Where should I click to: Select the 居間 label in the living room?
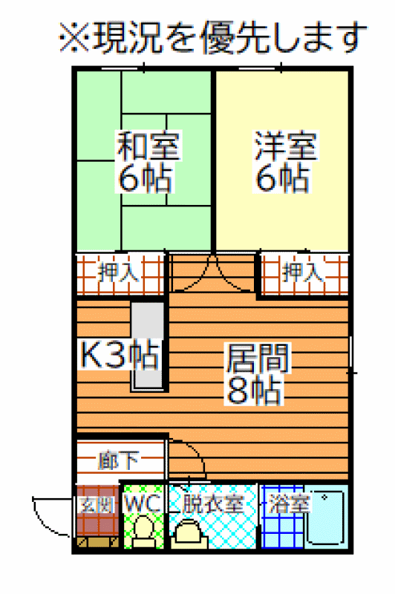pos(258,358)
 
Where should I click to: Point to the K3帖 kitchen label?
pos(120,355)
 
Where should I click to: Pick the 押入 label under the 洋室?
pos(304,271)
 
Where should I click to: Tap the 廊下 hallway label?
pos(119,460)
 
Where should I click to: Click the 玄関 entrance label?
pos(97,505)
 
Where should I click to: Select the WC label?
pos(143,504)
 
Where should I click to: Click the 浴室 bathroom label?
pos(290,504)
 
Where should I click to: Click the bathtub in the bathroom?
pos(326,518)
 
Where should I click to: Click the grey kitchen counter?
pos(148,345)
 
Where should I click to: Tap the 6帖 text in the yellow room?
pos(282,178)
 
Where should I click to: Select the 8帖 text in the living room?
pos(255,391)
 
